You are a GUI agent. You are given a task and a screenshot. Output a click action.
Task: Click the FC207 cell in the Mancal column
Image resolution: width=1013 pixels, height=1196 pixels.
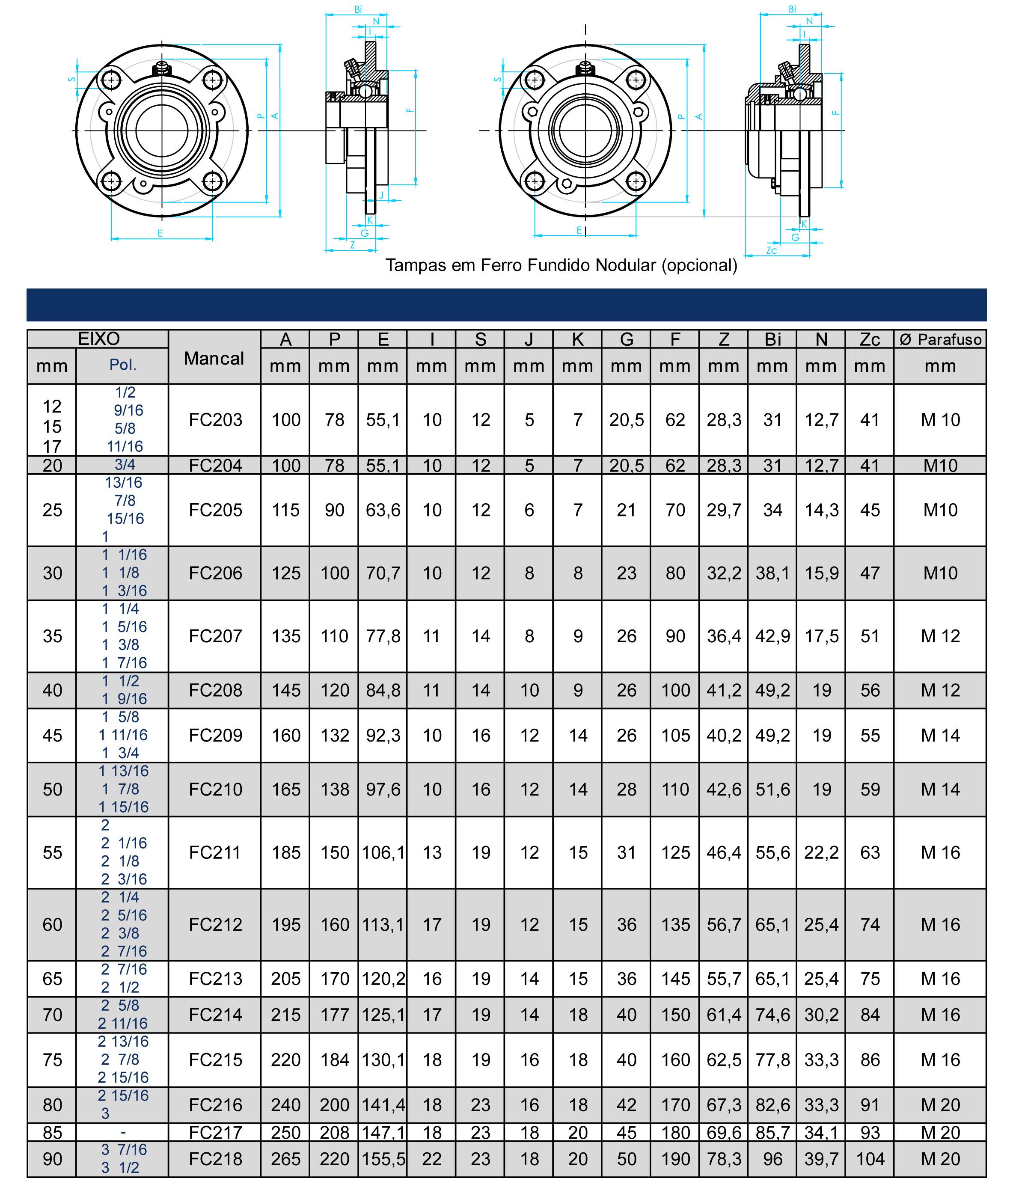[215, 636]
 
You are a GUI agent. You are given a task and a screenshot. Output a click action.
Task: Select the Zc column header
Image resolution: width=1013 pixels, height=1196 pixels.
[870, 339]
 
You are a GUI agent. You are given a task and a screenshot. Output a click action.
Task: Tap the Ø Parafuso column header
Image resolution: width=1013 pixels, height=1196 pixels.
[940, 339]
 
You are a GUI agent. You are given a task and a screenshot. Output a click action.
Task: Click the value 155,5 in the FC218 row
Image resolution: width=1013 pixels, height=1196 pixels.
[383, 1159]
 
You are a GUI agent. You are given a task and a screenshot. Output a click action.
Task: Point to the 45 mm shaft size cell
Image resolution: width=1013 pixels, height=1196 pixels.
[52, 736]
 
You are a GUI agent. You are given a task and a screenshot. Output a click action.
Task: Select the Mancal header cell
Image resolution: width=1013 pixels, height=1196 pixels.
[214, 358]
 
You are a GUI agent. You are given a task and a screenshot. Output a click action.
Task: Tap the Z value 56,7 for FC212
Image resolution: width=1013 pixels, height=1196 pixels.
[724, 924]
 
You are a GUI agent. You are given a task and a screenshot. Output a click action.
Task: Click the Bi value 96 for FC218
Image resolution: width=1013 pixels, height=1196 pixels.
[772, 1159]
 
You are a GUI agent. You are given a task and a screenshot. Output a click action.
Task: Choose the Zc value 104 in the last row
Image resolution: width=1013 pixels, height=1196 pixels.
[870, 1159]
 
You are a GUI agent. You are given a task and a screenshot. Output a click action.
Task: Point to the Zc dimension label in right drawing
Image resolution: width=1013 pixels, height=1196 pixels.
[772, 251]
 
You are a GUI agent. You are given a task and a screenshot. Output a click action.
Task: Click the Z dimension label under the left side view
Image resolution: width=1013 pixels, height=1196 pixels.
[353, 245]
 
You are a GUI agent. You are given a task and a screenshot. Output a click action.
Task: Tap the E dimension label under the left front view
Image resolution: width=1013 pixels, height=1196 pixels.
[160, 233]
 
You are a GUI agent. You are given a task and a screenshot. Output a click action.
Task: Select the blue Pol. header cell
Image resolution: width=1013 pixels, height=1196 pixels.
[122, 365]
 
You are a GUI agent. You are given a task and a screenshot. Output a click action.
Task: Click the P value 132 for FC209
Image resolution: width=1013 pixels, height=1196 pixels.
[334, 736]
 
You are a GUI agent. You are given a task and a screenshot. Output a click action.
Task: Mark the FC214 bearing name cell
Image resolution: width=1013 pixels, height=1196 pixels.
[215, 1015]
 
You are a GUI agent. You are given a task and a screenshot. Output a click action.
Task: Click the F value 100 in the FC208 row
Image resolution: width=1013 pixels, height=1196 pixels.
[675, 690]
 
